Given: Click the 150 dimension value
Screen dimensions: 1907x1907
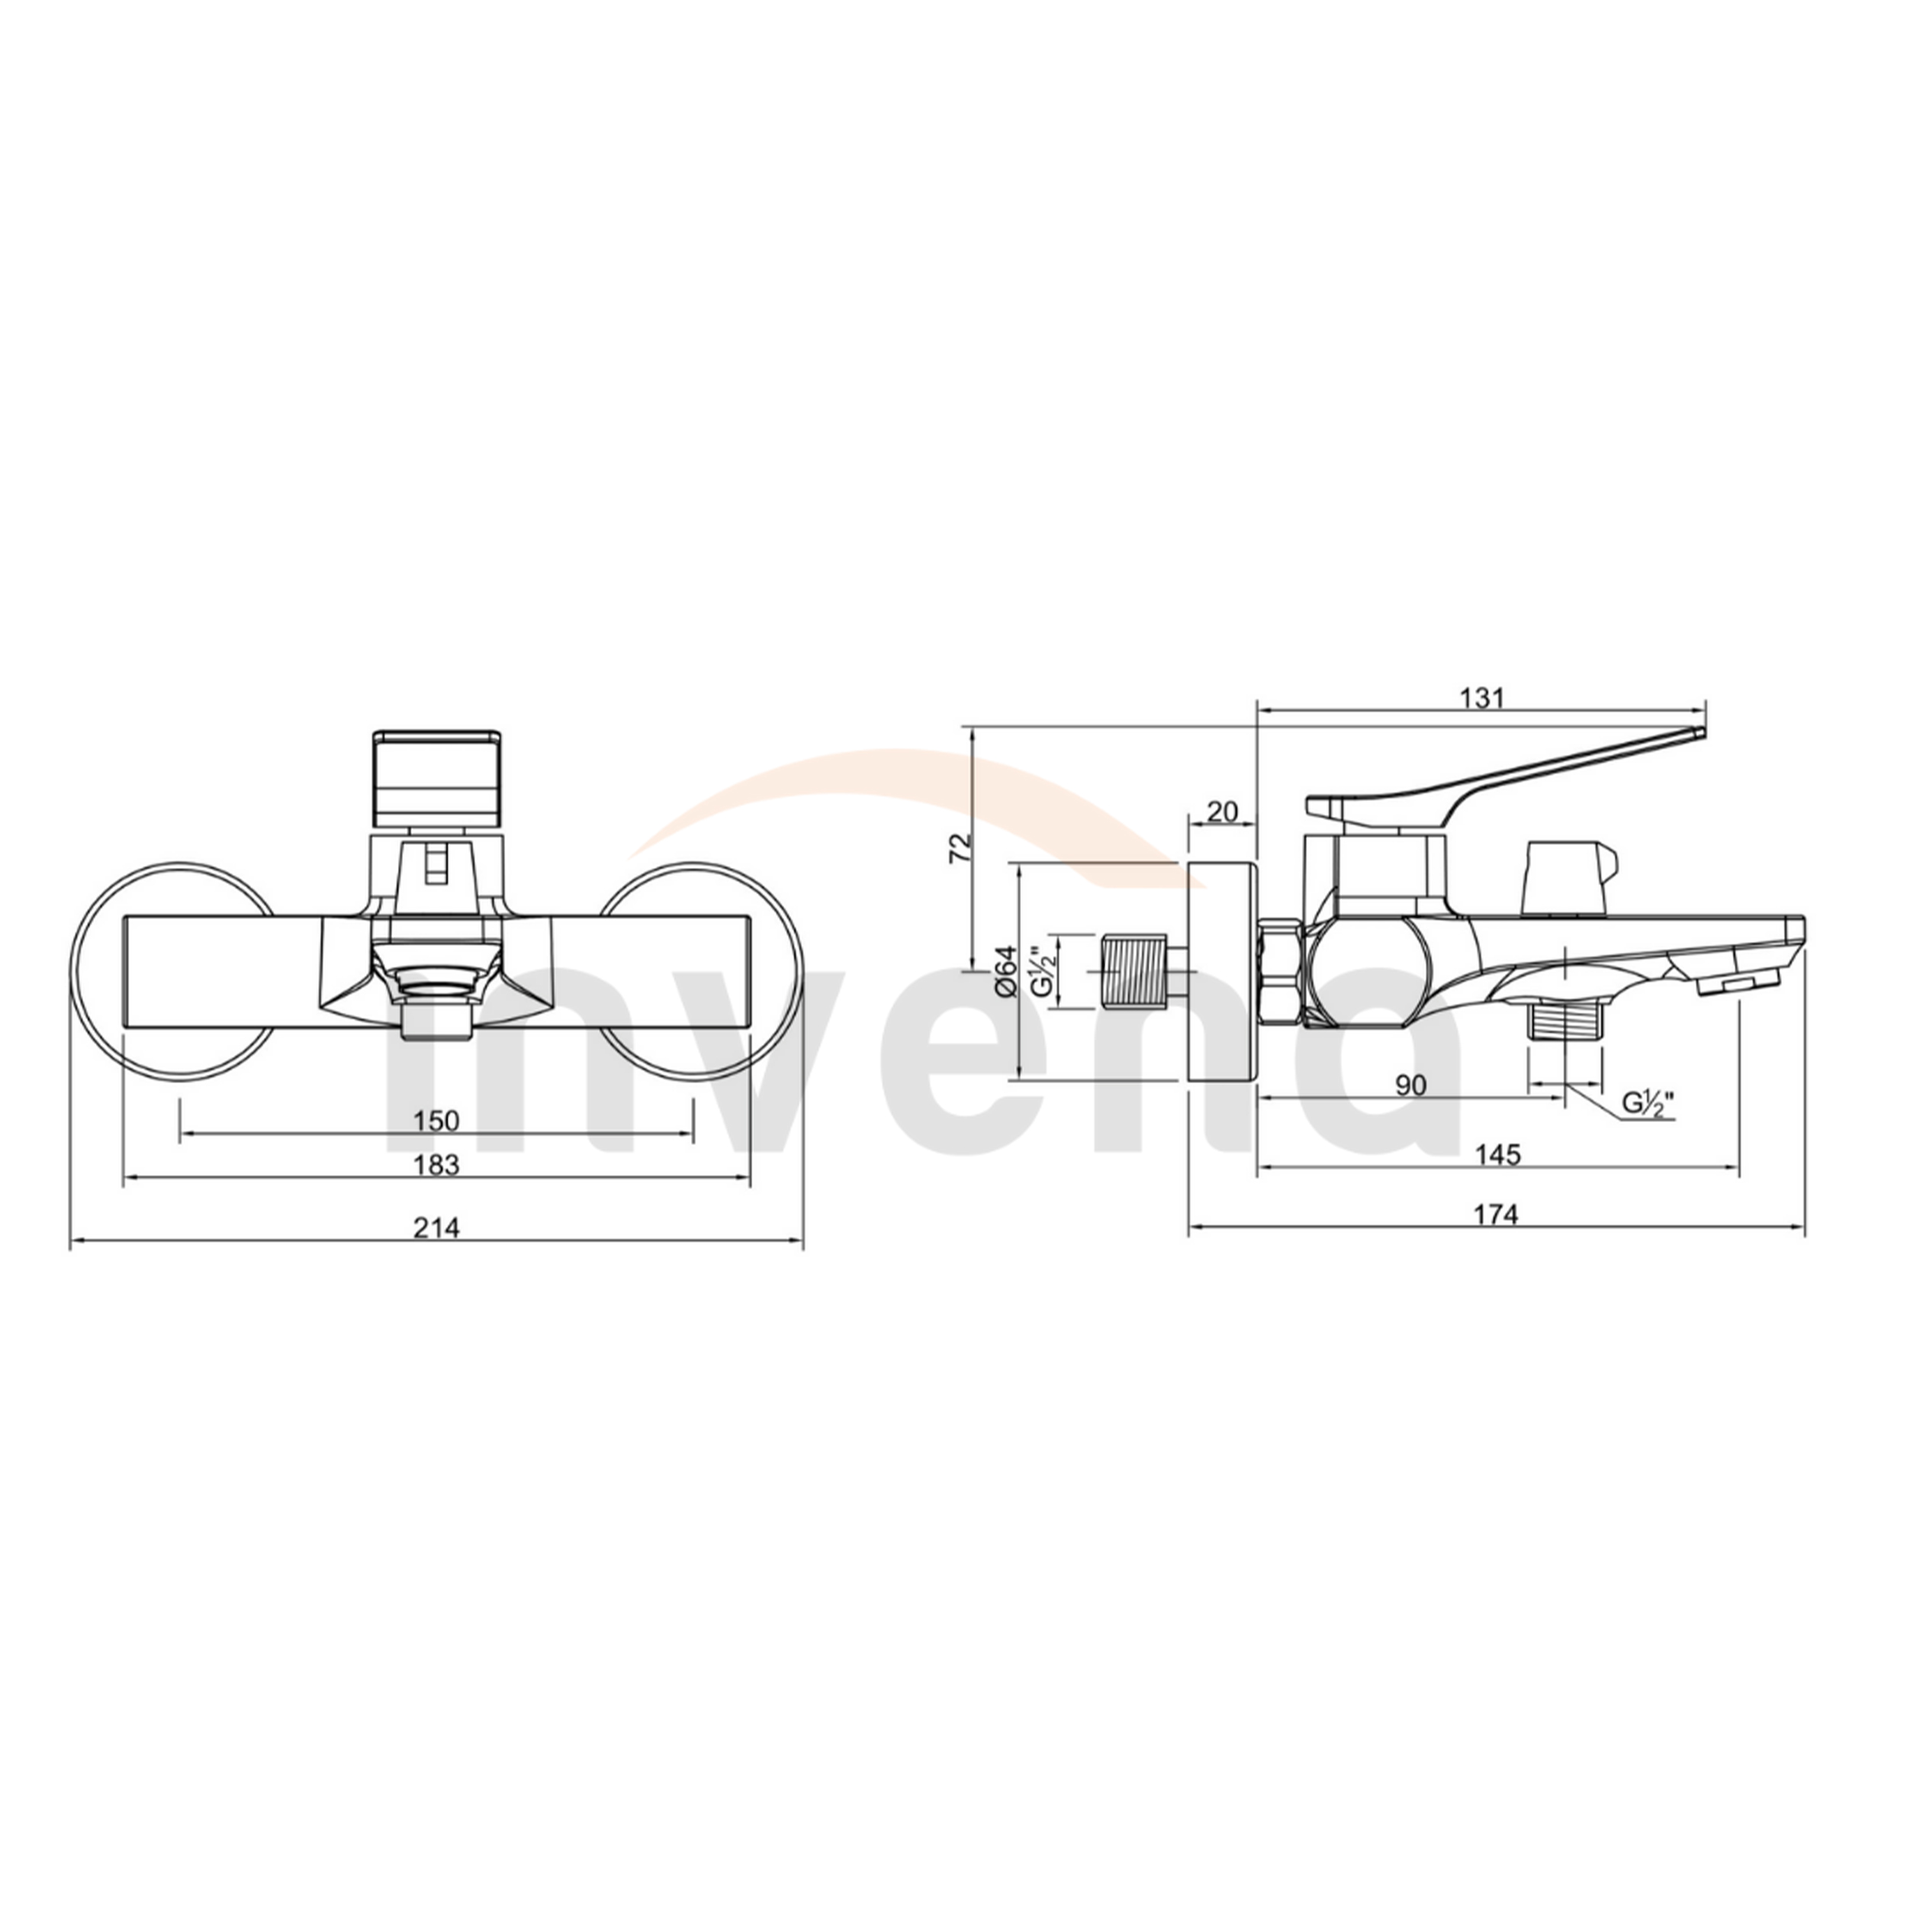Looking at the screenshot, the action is [436, 1121].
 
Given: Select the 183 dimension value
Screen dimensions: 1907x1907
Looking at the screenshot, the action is [436, 1165].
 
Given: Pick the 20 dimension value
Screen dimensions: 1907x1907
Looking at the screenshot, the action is [1222, 812].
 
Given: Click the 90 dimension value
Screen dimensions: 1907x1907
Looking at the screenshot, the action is [1410, 1085].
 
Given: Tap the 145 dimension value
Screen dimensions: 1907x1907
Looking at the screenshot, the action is [1498, 1154].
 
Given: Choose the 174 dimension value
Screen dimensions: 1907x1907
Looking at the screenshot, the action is [1497, 1214].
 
